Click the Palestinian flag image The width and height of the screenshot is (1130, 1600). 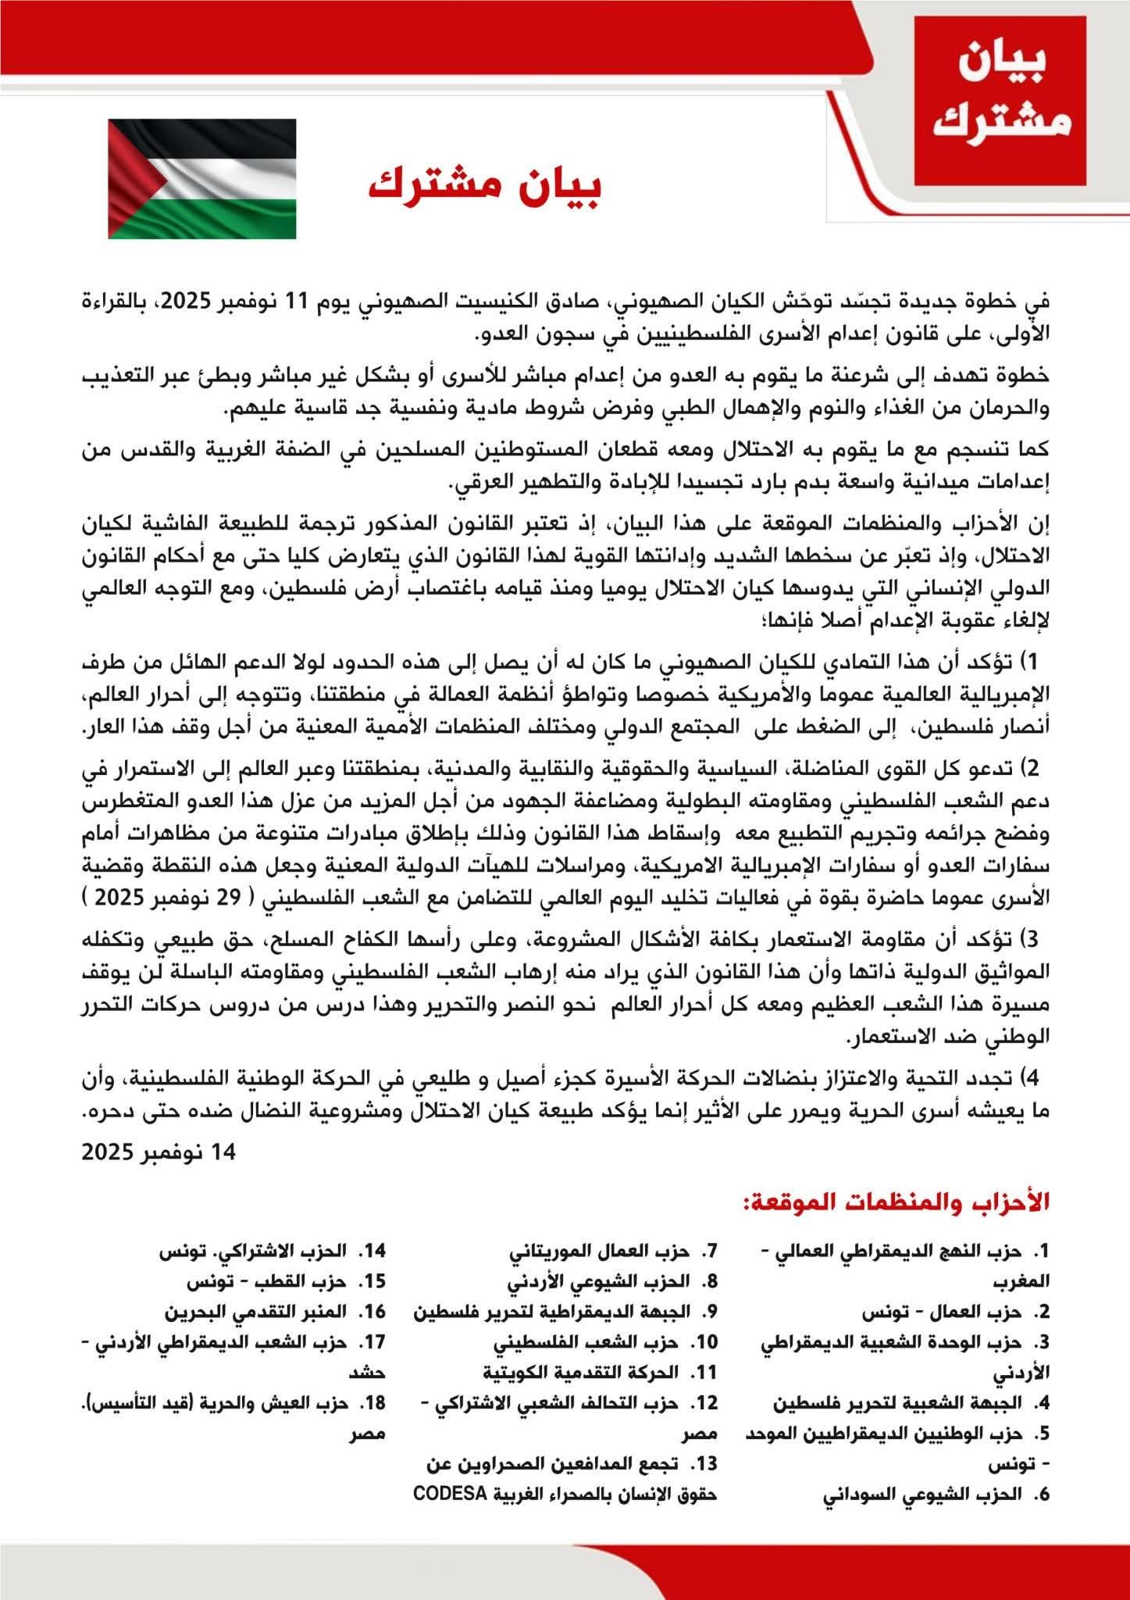[x=201, y=179]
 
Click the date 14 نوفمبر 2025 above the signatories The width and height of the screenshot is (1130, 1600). [x=159, y=1152]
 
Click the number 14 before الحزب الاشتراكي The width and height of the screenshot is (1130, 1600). [x=373, y=1252]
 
